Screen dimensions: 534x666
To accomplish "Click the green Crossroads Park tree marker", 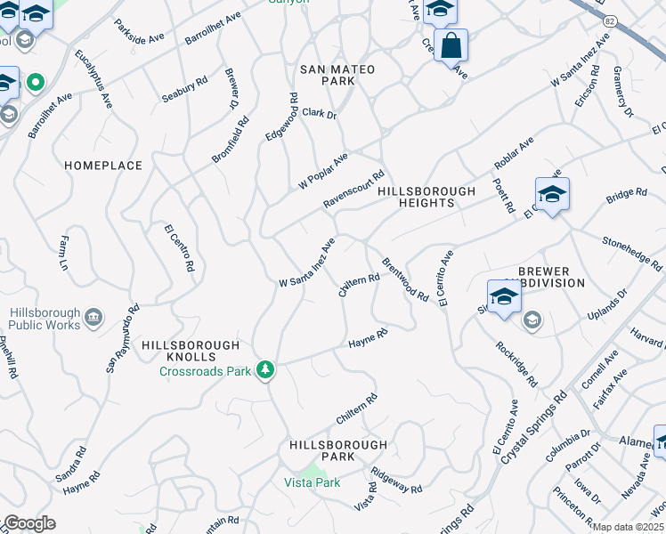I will click(x=264, y=368).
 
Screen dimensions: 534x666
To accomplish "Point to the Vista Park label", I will click(x=312, y=482).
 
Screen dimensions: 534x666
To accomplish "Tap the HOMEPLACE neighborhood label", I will click(x=103, y=166).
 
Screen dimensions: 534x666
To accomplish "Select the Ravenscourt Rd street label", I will click(x=353, y=190).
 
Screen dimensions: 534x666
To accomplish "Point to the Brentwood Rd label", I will click(x=404, y=279).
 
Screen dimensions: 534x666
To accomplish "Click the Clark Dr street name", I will click(x=319, y=114).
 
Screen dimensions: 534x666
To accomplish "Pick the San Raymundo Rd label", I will click(x=123, y=340).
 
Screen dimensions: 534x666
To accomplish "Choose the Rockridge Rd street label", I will click(x=516, y=363).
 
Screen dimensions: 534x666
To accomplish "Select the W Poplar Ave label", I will click(x=322, y=170).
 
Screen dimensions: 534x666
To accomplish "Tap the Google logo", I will click(x=28, y=523).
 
